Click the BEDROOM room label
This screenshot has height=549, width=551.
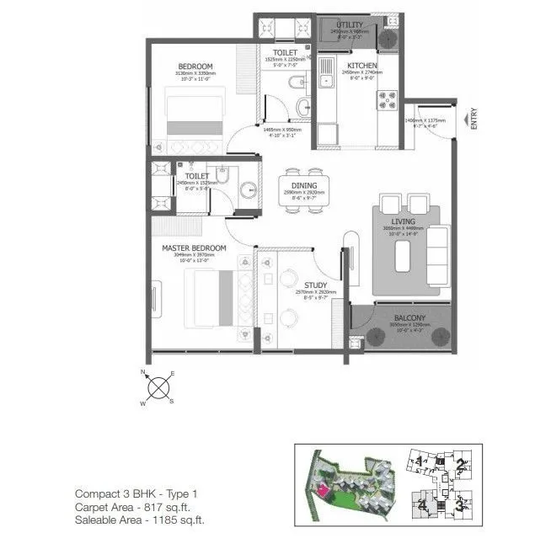pos(195,67)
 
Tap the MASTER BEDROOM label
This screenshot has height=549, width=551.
pos(195,248)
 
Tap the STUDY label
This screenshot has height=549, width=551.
pos(315,285)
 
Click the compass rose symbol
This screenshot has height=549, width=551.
pos(158,388)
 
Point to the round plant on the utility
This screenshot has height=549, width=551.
pos(388,39)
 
